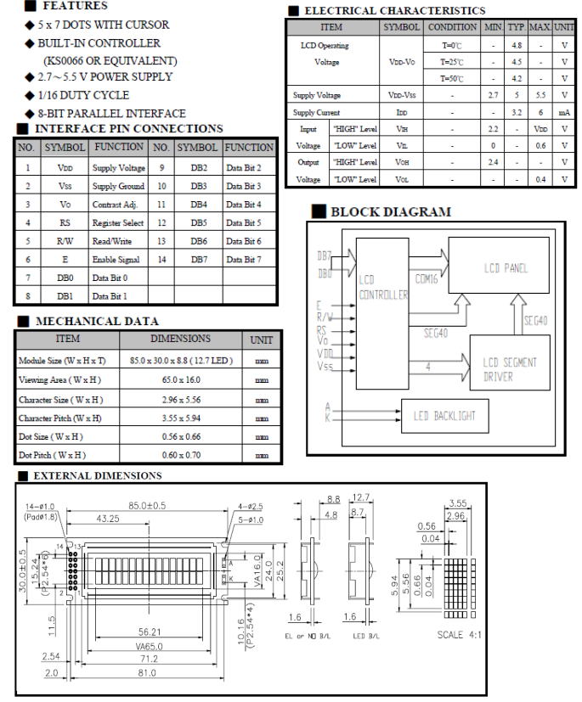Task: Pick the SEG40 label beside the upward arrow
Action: click(x=540, y=320)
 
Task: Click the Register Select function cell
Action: click(x=119, y=222)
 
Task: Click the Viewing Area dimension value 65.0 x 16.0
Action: click(x=180, y=380)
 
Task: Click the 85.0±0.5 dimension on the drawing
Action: click(x=148, y=506)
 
